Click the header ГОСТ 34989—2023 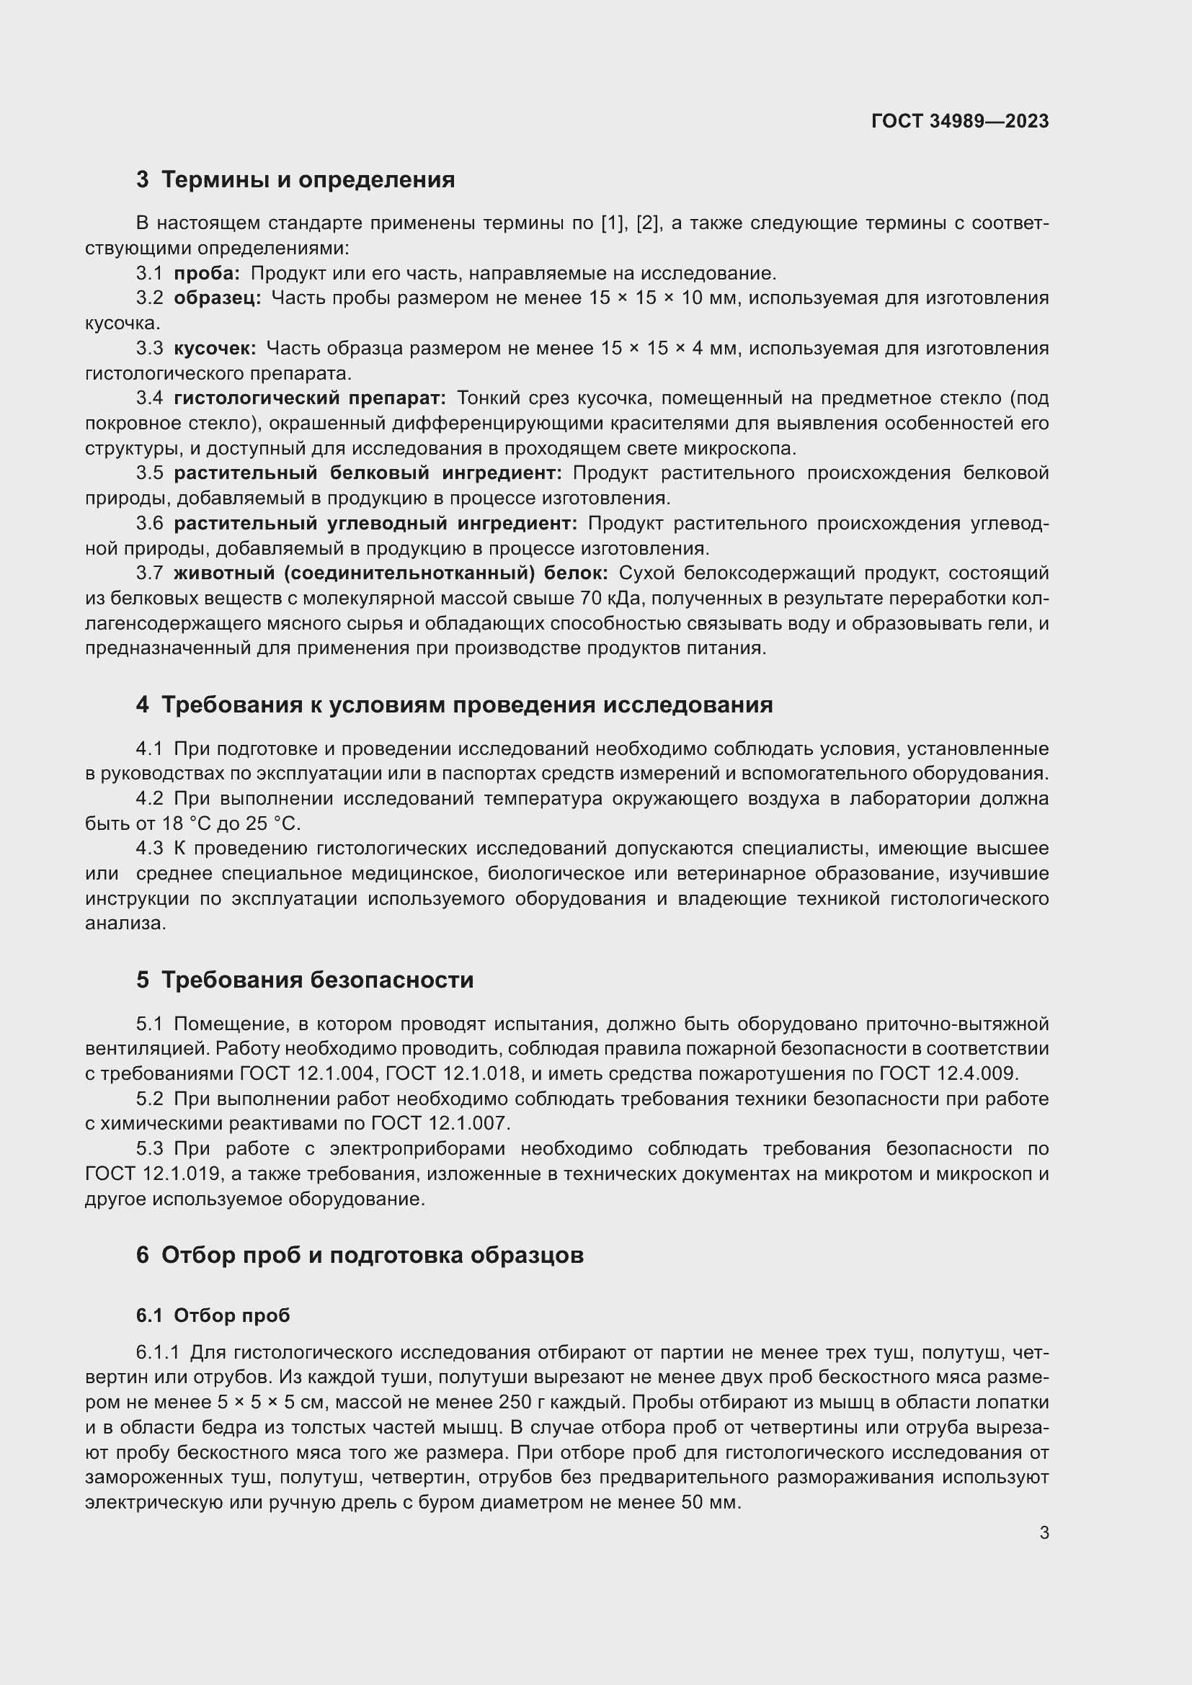click(x=959, y=121)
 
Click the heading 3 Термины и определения click(x=295, y=180)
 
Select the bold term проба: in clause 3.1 click(x=206, y=274)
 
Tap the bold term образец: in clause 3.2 click(x=217, y=298)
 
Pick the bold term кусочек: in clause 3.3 click(x=214, y=348)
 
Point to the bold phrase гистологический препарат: click(x=309, y=398)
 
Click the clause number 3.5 click(x=149, y=473)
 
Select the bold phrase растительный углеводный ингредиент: click(x=375, y=523)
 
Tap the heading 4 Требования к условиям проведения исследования click(x=453, y=705)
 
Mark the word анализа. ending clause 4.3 click(x=125, y=924)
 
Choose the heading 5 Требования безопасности click(x=305, y=980)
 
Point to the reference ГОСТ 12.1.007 click(x=440, y=1124)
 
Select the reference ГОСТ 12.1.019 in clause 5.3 click(x=153, y=1174)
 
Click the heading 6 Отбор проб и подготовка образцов click(x=360, y=1255)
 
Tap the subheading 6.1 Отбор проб click(x=213, y=1315)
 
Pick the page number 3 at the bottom click(x=1044, y=1533)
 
